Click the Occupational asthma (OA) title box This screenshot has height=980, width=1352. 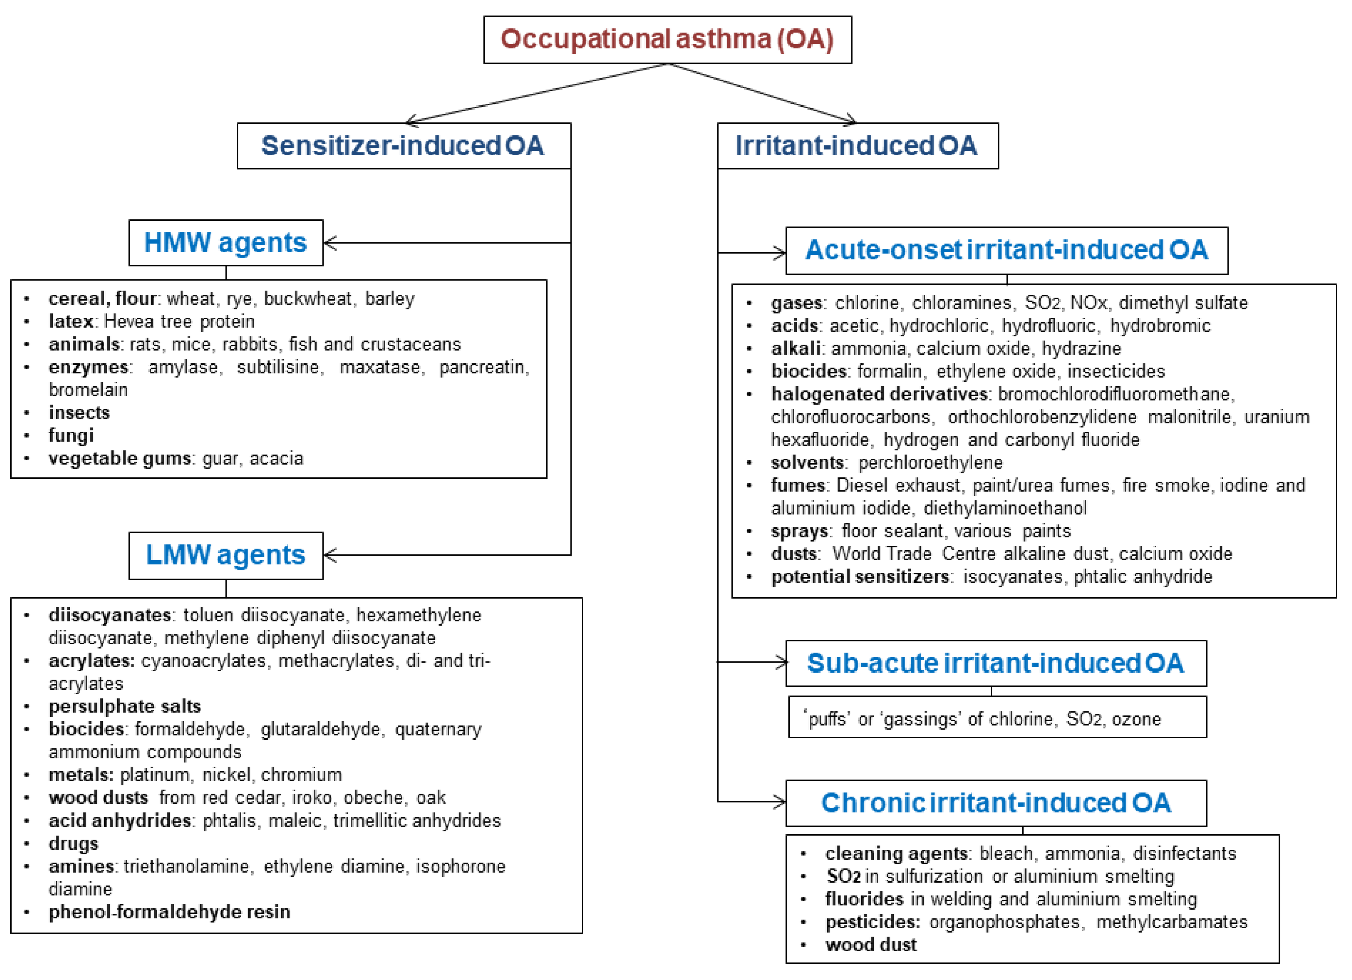(667, 39)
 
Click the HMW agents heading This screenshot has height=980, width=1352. (225, 242)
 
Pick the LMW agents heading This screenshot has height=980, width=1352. (225, 555)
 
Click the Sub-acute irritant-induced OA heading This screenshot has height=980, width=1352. (995, 663)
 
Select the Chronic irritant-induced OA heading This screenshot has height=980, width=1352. (995, 802)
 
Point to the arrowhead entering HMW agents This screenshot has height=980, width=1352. (330, 242)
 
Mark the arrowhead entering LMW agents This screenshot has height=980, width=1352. (330, 555)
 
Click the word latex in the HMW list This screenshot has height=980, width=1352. (70, 321)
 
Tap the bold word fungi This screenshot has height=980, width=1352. (71, 435)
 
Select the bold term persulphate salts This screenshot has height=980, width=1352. (125, 706)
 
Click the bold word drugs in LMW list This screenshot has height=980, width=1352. (73, 844)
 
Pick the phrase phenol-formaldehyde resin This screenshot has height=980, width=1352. (169, 912)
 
